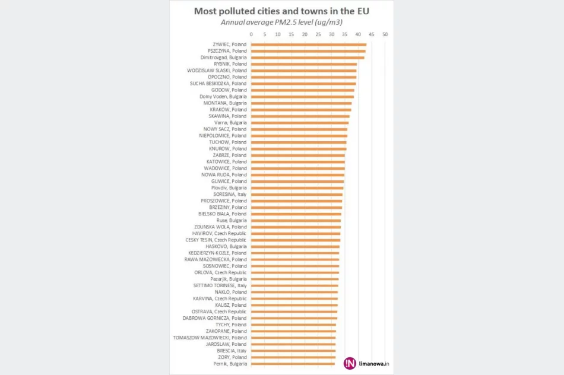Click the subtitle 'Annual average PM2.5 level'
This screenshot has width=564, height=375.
pyautogui.click(x=281, y=23)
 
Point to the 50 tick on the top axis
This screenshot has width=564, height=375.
pyautogui.click(x=385, y=34)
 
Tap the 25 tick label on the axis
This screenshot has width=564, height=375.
pyautogui.click(x=318, y=34)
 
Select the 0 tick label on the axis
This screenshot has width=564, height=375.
pyautogui.click(x=252, y=34)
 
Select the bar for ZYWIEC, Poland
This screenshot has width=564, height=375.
pyautogui.click(x=309, y=45)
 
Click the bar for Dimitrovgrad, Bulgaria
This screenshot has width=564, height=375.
pyautogui.click(x=308, y=58)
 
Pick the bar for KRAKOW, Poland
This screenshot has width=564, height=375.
pyautogui.click(x=301, y=110)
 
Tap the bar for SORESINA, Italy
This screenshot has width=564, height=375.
pyautogui.click(x=297, y=195)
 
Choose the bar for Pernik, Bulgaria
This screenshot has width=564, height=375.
pyautogui.click(x=293, y=364)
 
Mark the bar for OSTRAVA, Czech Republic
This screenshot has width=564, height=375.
pyautogui.click(x=294, y=312)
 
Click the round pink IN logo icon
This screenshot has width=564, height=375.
pyautogui.click(x=350, y=364)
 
